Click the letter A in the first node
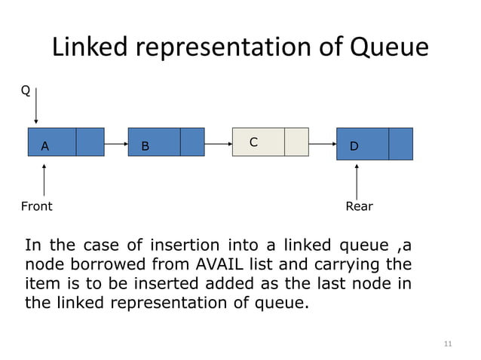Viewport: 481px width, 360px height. tap(45, 147)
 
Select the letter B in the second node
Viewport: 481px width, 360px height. tap(145, 147)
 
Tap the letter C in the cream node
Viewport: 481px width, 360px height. tap(253, 142)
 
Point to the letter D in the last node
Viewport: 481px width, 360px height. tap(354, 147)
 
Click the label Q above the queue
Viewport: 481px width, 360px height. tap(25, 91)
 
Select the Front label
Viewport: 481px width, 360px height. tap(36, 206)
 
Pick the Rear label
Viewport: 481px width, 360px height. tap(359, 206)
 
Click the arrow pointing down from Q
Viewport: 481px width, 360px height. tap(35, 105)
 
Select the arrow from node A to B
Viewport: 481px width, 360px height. tap(116, 142)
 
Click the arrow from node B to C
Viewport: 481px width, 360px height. tap(218, 142)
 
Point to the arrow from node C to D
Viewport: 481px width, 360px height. tap(322, 142)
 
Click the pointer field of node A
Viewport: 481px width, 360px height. tap(90, 142)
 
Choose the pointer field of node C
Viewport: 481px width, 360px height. tap(296, 142)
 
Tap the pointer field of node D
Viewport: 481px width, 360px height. tap(401, 144)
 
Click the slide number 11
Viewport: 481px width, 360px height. tap(448, 344)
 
